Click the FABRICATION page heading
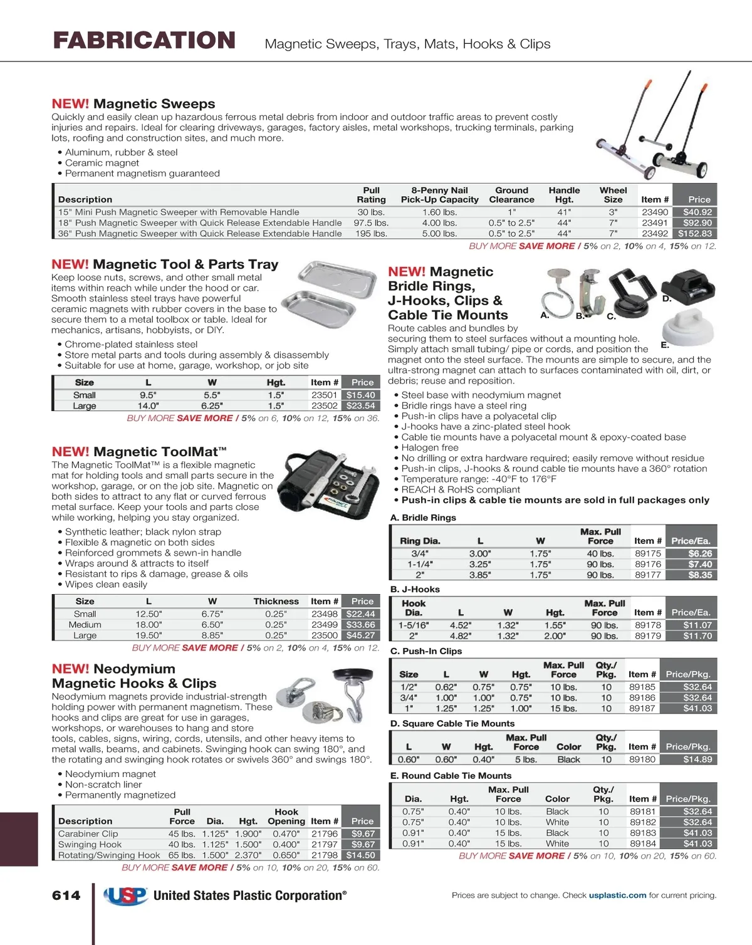[x=144, y=41]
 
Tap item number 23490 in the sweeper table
[x=655, y=212]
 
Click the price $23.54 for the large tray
[x=361, y=405]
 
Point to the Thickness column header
[x=276, y=601]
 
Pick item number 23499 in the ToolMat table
[x=324, y=624]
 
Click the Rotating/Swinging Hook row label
[x=109, y=855]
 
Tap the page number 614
[x=66, y=895]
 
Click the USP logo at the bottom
[x=125, y=896]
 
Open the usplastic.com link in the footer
[x=617, y=895]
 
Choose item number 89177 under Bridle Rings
[x=648, y=575]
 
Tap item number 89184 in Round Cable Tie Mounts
[x=643, y=843]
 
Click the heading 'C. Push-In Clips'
[x=426, y=651]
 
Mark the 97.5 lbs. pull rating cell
[x=371, y=222]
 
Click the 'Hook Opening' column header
[x=286, y=816]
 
